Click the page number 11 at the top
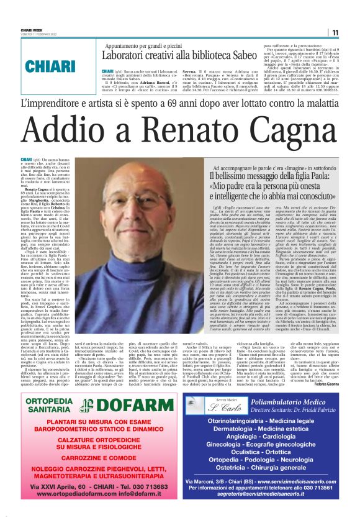[335, 33]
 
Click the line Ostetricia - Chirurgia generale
[270, 473]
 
